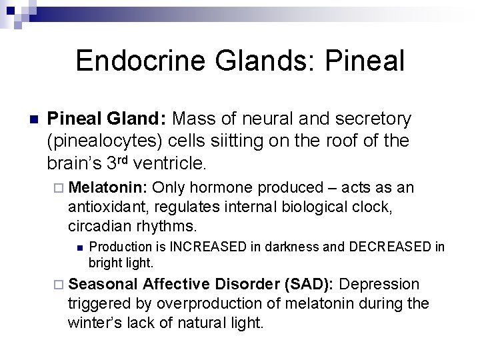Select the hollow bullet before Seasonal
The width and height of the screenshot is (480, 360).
pos(58,285)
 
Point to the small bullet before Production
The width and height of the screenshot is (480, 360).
pos(79,248)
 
